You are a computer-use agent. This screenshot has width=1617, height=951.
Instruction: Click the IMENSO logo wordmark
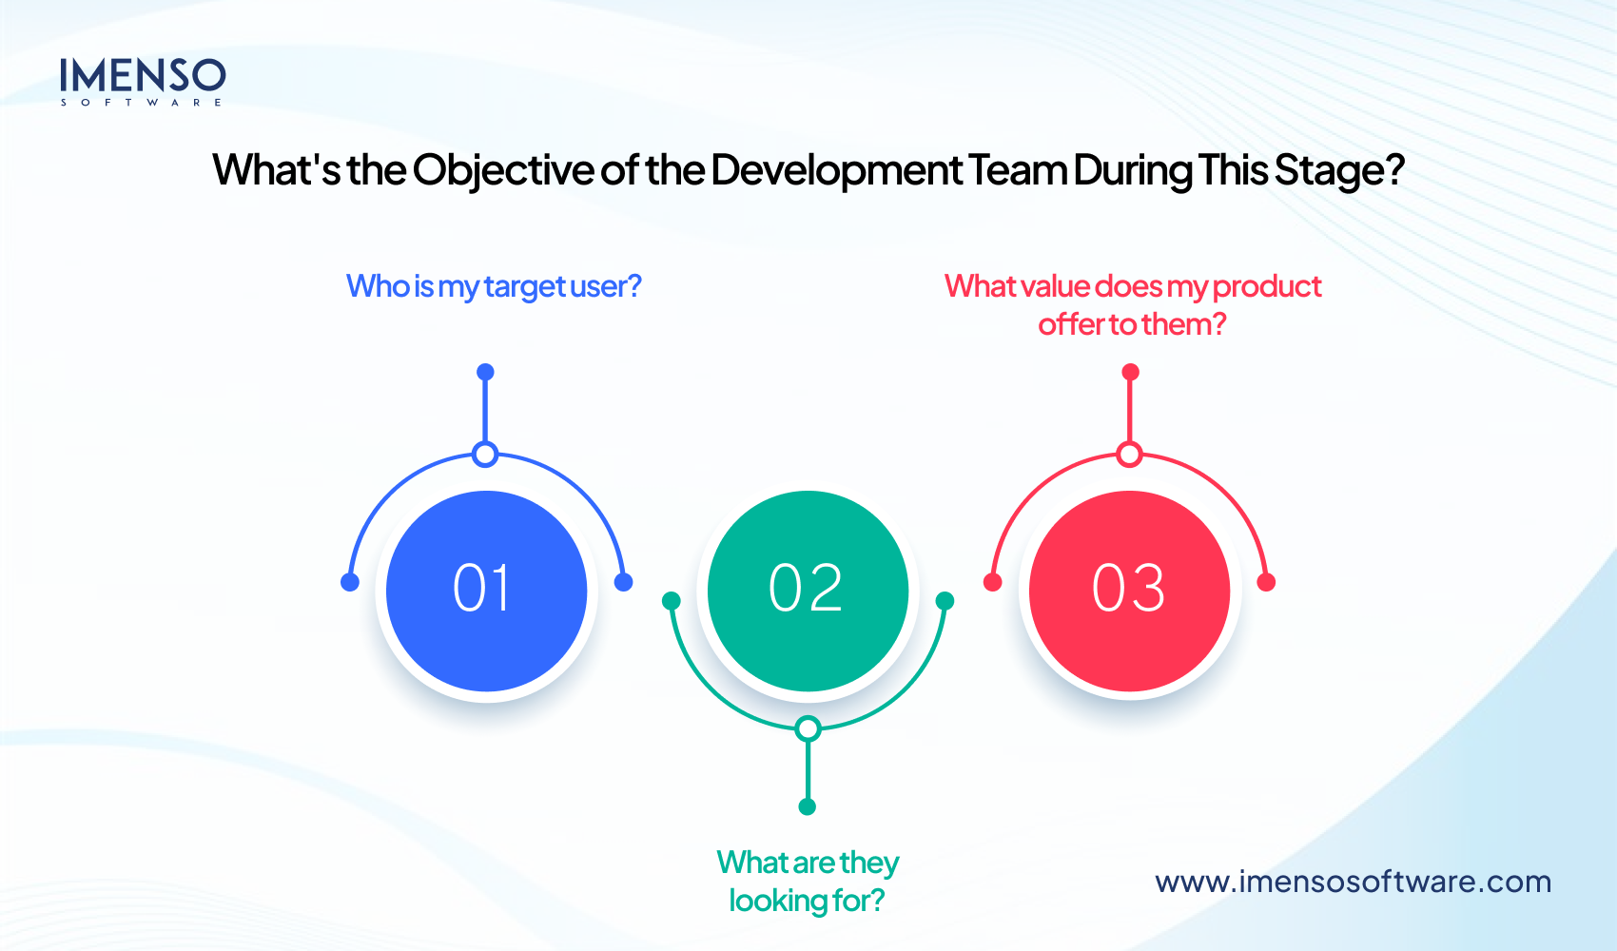click(x=143, y=76)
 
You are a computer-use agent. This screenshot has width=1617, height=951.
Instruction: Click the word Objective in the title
click(x=503, y=171)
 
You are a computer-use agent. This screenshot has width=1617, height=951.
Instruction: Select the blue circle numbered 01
click(x=486, y=591)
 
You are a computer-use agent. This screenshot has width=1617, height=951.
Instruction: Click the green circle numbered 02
click(x=808, y=591)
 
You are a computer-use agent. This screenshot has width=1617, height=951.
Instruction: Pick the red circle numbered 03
click(x=1129, y=591)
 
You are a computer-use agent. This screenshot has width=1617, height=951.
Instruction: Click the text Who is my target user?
click(x=494, y=286)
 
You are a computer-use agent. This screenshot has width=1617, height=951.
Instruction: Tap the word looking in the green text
click(x=777, y=901)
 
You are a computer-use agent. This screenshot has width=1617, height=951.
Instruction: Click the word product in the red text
click(x=1267, y=286)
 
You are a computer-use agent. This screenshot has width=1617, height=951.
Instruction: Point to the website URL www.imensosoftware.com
click(x=1353, y=882)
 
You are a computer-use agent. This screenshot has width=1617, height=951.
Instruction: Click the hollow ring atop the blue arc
click(x=485, y=455)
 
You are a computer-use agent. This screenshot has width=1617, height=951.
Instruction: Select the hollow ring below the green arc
click(x=808, y=729)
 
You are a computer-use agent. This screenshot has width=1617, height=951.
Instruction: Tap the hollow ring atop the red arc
click(x=1129, y=455)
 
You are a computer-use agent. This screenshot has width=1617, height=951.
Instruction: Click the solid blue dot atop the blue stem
click(x=485, y=372)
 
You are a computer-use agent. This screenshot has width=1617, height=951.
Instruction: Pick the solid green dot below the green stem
click(x=808, y=807)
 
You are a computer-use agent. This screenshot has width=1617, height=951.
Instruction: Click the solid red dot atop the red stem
click(x=1130, y=372)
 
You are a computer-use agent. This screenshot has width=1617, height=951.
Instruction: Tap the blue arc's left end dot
click(x=350, y=582)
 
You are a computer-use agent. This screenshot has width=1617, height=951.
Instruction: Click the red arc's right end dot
click(x=1266, y=582)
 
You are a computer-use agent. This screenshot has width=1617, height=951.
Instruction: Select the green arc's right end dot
click(x=945, y=600)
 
